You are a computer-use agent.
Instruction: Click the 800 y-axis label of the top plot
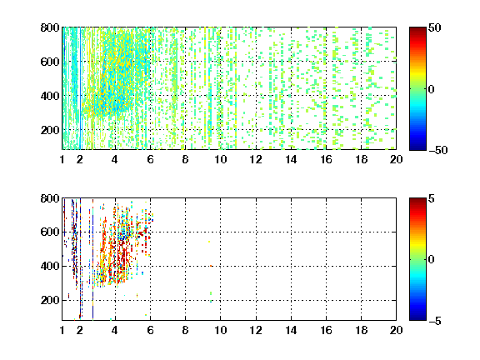[x=50, y=27]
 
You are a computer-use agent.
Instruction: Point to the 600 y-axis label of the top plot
[x=50, y=62]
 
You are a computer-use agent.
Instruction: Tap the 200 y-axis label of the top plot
[x=50, y=130]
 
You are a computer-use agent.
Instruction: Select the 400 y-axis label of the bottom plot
[x=50, y=266]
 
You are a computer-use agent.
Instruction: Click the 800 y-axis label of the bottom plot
[x=50, y=198]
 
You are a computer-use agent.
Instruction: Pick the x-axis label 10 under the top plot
[x=220, y=159]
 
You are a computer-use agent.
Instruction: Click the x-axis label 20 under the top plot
[x=396, y=159]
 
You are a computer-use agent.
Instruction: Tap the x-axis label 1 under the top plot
[x=62, y=159]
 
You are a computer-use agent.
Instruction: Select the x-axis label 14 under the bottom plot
[x=291, y=330]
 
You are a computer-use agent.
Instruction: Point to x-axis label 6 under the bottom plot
[x=150, y=330]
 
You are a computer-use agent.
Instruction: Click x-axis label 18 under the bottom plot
[x=361, y=330]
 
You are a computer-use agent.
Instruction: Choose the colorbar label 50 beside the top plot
[x=435, y=27]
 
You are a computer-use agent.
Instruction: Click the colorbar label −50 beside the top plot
[x=438, y=150]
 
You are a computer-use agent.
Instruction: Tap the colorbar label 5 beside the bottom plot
[x=432, y=198]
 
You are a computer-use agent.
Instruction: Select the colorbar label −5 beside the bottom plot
[x=435, y=321]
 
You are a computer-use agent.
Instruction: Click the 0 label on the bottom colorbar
[x=432, y=260]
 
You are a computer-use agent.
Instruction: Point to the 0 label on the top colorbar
[x=432, y=89]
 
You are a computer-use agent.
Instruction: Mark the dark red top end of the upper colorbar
[x=417, y=29]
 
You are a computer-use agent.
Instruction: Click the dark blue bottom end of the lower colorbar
[x=417, y=318]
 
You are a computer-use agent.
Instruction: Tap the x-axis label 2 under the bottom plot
[x=80, y=330]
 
